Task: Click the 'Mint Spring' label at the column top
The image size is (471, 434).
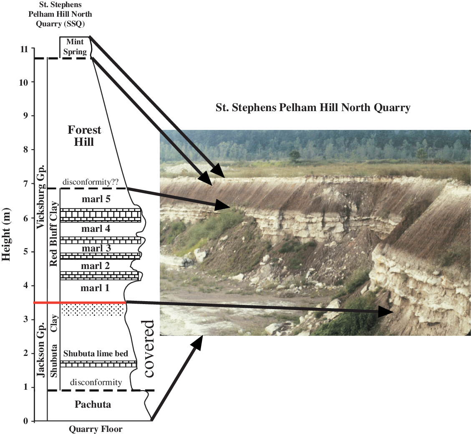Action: pyautogui.click(x=75, y=47)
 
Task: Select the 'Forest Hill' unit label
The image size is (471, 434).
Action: pyautogui.click(x=84, y=136)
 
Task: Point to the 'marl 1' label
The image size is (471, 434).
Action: pyautogui.click(x=96, y=288)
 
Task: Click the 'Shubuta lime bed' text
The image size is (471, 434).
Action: pyautogui.click(x=96, y=354)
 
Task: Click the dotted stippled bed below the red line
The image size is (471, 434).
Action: pyautogui.click(x=92, y=310)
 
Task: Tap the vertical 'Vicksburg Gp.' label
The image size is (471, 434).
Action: pyautogui.click(x=41, y=197)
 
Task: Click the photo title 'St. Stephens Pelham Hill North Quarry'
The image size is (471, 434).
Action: pyautogui.click(x=313, y=108)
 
